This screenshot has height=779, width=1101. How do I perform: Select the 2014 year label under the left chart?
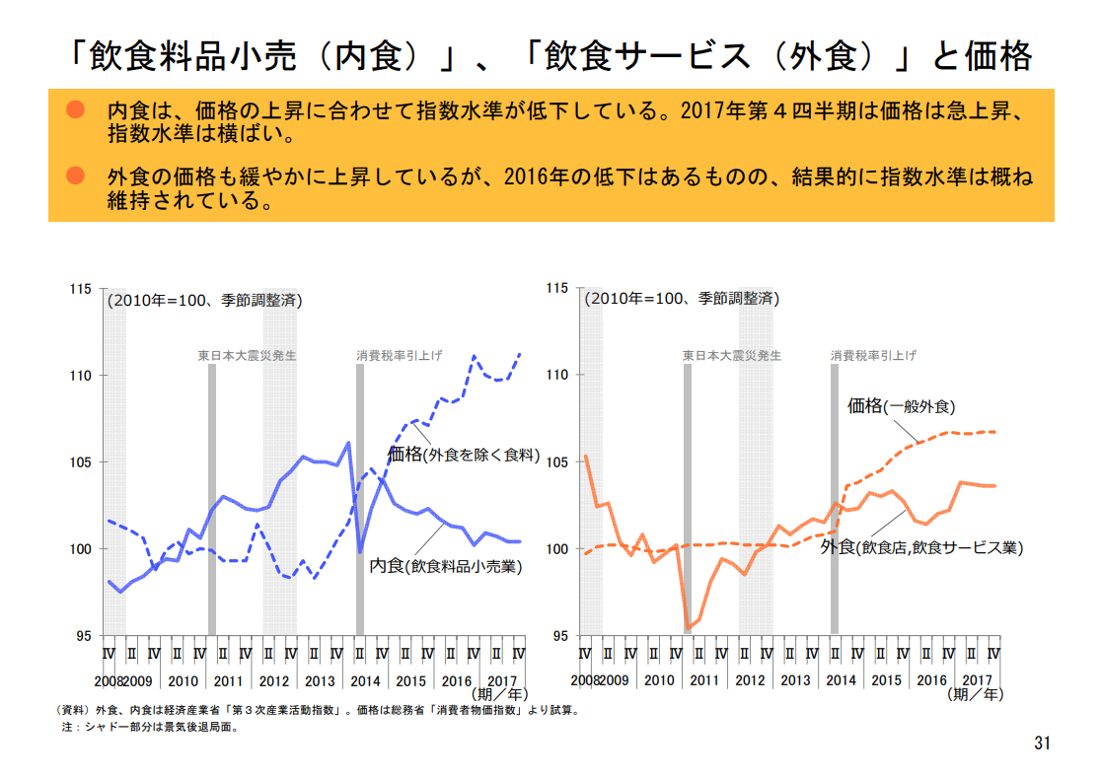[367, 680]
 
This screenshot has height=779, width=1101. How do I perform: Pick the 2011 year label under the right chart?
[704, 680]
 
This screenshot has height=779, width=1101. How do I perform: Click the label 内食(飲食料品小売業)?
[445, 566]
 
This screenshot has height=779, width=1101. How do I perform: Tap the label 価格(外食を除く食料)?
[463, 455]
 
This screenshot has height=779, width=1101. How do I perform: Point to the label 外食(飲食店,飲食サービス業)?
[921, 547]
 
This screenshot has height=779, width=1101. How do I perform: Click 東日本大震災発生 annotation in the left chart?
[248, 355]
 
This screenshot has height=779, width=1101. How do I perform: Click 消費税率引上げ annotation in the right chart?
[873, 355]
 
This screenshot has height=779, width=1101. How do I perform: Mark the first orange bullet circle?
[76, 107]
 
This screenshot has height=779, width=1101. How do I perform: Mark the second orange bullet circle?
[76, 177]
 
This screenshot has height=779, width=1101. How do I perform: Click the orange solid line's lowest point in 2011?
[688, 627]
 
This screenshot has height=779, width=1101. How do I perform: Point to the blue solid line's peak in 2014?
[348, 443]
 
